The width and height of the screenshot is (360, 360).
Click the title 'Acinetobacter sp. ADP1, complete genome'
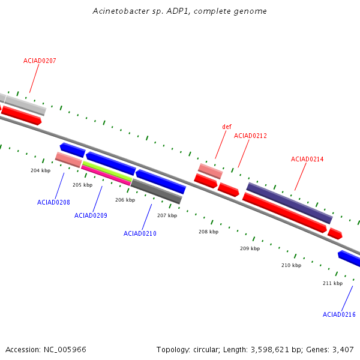click(x=180, y=11)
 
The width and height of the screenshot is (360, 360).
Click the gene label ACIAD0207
click(x=40, y=61)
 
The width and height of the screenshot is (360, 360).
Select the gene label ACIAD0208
click(x=53, y=202)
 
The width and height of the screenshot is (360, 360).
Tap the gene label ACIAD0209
click(x=91, y=215)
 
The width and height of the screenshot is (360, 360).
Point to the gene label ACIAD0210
click(x=140, y=233)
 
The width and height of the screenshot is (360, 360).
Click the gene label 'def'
click(x=227, y=127)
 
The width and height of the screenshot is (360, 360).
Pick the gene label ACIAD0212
click(x=250, y=136)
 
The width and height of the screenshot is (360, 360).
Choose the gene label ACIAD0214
click(x=307, y=159)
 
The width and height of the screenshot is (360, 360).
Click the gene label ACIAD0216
click(x=339, y=314)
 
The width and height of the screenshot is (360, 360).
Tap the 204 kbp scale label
click(x=40, y=170)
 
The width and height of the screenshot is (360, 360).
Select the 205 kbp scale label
click(x=82, y=185)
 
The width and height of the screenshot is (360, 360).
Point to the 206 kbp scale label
click(x=125, y=200)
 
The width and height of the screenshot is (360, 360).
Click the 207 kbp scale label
click(x=167, y=215)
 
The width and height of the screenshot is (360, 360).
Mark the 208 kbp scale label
click(x=208, y=232)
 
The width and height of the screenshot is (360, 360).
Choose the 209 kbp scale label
click(x=250, y=248)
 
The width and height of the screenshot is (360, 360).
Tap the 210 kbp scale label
click(x=291, y=265)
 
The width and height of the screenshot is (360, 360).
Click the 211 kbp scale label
click(x=332, y=283)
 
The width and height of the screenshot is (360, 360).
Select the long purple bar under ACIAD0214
click(x=289, y=203)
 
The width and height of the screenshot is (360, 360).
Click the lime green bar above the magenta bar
click(x=107, y=170)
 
